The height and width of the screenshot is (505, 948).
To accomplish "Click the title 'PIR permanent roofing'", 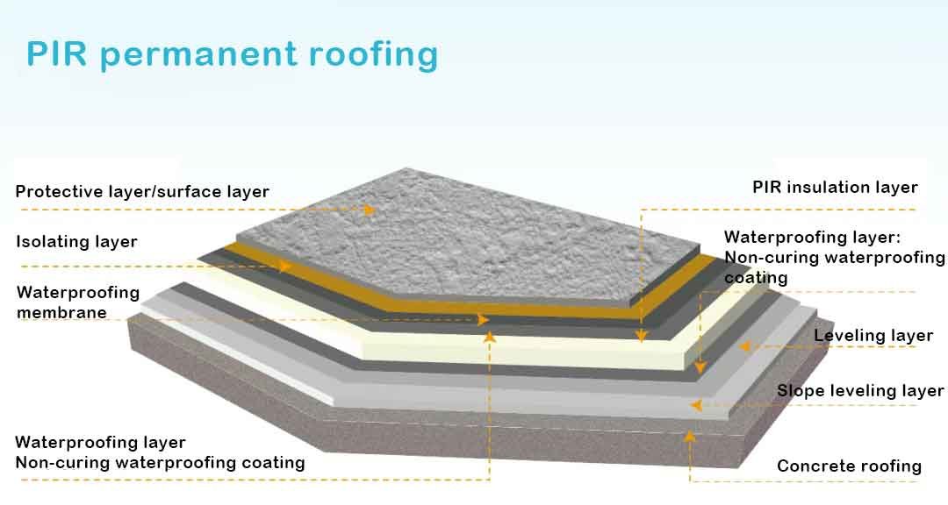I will (x=232, y=54).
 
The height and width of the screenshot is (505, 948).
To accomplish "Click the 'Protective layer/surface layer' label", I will (x=142, y=191).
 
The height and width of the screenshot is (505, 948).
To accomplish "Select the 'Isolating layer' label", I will (x=76, y=241).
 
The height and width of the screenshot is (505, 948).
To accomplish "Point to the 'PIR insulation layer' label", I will (x=835, y=188).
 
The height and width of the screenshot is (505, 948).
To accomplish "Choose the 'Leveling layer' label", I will (x=873, y=336).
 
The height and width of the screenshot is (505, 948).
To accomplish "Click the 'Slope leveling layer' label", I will (x=860, y=391).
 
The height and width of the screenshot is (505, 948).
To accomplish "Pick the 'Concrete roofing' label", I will (x=849, y=466).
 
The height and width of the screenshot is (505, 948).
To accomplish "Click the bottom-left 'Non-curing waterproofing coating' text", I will (x=160, y=462).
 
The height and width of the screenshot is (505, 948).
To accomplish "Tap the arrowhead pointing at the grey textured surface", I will (x=370, y=210).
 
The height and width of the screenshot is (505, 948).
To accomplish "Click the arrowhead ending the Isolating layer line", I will (x=284, y=266).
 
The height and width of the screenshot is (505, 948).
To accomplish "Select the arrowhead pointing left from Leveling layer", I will (x=743, y=346).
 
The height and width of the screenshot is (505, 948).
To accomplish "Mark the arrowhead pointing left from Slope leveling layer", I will (x=696, y=405).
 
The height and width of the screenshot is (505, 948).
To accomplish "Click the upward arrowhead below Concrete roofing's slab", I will (x=691, y=434).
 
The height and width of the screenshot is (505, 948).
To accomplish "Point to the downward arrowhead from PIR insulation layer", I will (x=642, y=336).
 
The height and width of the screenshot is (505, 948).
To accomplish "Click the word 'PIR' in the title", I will (x=57, y=54).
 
